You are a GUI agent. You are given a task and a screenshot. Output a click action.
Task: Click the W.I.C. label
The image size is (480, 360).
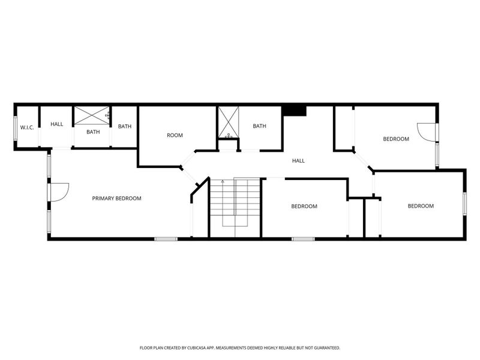click(26, 127)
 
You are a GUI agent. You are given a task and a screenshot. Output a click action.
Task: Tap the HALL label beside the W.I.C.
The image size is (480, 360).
click(56, 124)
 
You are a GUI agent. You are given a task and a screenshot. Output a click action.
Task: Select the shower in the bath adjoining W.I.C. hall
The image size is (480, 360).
click(92, 115)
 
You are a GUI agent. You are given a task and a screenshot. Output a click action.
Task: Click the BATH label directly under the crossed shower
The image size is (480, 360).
click(93, 132)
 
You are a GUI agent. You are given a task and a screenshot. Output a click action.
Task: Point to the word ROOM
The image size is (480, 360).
click(175, 136)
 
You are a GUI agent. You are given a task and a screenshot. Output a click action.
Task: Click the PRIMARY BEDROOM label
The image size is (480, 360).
click(116, 198)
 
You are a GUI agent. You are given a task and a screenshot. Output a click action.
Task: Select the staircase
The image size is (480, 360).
click(235, 204)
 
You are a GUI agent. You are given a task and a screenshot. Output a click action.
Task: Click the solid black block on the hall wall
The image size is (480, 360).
click(294, 111)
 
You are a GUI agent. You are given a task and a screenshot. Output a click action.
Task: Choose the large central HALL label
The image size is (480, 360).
click(298, 161)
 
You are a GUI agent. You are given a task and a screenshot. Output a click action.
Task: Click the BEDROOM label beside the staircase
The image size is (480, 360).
click(304, 206)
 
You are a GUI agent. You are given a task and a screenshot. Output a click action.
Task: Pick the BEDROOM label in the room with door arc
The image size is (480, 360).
click(396, 139)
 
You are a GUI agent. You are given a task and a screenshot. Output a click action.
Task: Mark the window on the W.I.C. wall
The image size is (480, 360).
click(16, 127)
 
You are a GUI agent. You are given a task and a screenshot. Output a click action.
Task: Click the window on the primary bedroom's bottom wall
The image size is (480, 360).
click(166, 239)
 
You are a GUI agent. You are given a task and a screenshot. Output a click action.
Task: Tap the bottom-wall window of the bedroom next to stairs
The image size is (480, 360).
click(303, 239)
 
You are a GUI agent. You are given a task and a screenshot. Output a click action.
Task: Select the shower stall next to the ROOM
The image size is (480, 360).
click(228, 122)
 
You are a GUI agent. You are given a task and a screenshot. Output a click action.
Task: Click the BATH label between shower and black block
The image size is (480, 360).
click(259, 126)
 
